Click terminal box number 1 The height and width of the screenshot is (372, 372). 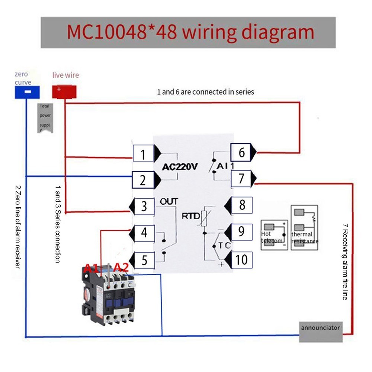tap(144, 154)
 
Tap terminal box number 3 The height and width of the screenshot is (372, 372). tap(144, 206)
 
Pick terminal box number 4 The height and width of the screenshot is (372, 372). tap(144, 233)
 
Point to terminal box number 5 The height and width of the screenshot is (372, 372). tap(144, 260)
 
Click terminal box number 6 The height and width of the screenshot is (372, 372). tap(241, 153)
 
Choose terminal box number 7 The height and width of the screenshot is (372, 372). tap(241, 179)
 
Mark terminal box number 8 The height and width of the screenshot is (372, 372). tap(242, 205)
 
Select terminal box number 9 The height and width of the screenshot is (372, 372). tap(241, 232)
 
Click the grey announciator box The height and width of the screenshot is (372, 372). tap(320, 328)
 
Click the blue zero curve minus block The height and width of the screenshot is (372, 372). tap(27, 92)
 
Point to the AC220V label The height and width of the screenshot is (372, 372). tap(180, 167)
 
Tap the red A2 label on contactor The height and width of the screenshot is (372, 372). tap(121, 267)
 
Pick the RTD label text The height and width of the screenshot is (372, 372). tap(191, 216)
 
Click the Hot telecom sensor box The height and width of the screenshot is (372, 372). tap(275, 234)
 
